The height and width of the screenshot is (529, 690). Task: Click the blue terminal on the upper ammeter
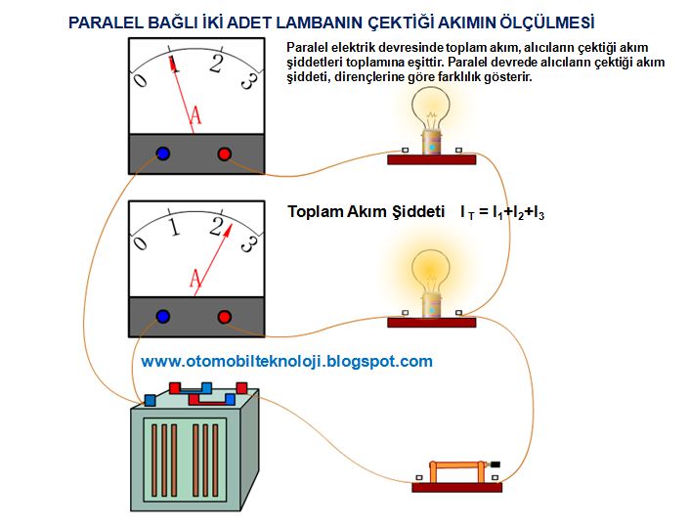(x=163, y=154)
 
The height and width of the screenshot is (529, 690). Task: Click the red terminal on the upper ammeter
(x=224, y=154)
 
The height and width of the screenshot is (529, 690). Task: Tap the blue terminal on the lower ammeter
(x=163, y=317)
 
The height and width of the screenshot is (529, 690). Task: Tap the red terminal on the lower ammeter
(x=224, y=317)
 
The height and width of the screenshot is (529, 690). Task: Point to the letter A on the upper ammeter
(x=195, y=117)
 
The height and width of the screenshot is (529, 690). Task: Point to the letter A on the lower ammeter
(x=195, y=281)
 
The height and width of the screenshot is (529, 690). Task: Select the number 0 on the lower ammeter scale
(x=142, y=243)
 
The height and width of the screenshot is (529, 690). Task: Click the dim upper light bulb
(x=429, y=111)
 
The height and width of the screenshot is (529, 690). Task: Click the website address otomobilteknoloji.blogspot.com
(x=286, y=361)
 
